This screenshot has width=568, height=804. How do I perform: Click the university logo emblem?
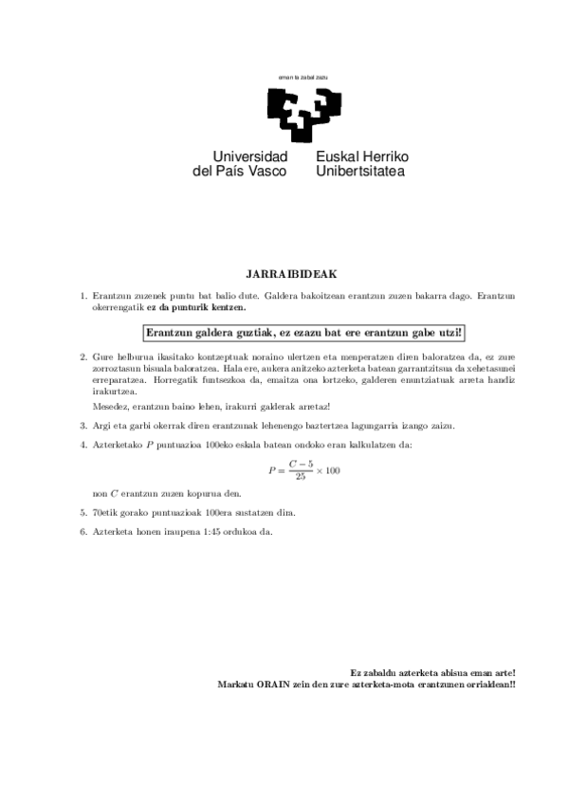click(302, 111)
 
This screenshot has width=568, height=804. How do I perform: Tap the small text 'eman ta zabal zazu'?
click(302, 77)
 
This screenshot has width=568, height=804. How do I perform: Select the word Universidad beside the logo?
click(250, 155)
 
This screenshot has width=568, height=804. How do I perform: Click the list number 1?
click(83, 296)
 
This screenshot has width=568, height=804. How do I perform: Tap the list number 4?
click(83, 445)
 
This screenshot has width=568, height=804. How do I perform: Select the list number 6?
click(83, 531)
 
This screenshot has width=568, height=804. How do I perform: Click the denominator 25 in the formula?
click(302, 477)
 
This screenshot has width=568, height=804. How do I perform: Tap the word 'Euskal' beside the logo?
click(335, 155)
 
